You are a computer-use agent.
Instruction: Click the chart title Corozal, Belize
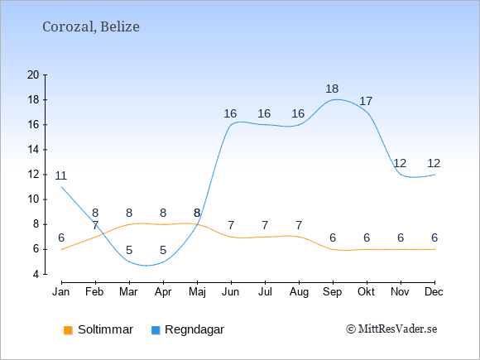click(x=91, y=27)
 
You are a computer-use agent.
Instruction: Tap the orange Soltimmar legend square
click(x=68, y=330)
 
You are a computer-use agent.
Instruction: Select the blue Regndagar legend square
click(x=156, y=330)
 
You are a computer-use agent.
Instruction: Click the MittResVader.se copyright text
click(x=391, y=329)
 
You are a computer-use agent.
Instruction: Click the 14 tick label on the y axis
click(x=33, y=150)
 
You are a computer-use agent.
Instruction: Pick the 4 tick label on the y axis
click(x=36, y=274)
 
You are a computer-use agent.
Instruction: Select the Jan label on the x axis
click(x=61, y=292)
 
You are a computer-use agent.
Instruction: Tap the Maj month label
click(x=197, y=292)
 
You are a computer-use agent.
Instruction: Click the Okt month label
click(x=366, y=292)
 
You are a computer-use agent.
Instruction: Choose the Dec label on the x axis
click(x=434, y=292)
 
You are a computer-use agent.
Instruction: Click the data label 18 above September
click(x=332, y=89)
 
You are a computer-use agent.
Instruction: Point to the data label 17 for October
click(x=366, y=101)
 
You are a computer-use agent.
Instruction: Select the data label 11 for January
click(x=61, y=175)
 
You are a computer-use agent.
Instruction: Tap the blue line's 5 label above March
click(x=129, y=251)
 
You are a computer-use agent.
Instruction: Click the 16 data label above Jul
click(x=264, y=113)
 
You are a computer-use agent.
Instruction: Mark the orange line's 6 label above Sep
click(x=333, y=238)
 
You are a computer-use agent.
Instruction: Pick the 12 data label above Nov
click(x=400, y=163)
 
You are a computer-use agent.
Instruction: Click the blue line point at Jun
click(x=231, y=125)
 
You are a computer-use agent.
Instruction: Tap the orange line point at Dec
click(x=434, y=249)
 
